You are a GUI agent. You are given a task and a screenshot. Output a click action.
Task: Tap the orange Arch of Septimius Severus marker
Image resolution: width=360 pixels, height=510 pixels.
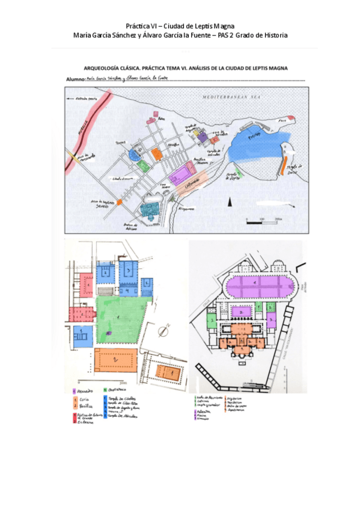119,203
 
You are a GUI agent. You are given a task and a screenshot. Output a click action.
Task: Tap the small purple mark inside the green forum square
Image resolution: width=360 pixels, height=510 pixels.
109,332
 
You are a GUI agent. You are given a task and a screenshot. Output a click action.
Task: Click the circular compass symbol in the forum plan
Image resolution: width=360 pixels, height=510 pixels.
163,332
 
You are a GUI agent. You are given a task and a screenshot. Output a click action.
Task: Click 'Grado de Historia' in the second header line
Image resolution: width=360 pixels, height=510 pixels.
261,35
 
